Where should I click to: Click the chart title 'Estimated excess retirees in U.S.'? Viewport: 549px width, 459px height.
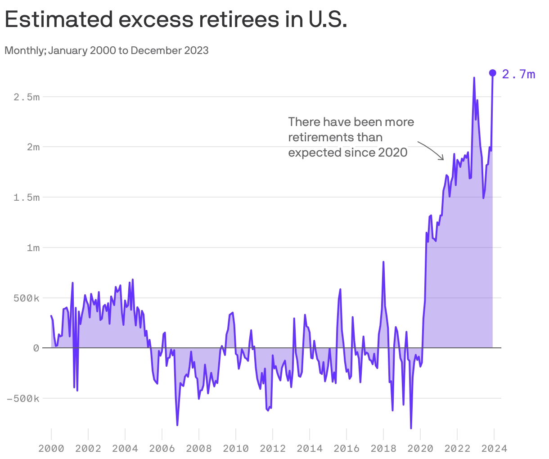pos(175,20)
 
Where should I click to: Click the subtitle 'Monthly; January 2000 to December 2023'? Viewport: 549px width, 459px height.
pos(107,50)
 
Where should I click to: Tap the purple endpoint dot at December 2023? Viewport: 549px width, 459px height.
pos(492,73)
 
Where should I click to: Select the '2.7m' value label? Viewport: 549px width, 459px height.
pos(518,74)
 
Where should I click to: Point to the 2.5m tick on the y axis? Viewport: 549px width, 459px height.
pos(27,97)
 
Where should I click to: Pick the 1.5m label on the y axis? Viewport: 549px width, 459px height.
pos(27,198)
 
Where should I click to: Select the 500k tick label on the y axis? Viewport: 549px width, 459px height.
pos(27,298)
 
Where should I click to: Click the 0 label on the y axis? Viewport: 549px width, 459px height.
pos(36,348)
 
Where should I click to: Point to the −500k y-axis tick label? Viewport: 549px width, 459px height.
pos(23,399)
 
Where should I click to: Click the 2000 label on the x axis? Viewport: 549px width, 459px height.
pos(51,448)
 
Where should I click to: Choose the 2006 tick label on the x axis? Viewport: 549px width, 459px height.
pos(162,448)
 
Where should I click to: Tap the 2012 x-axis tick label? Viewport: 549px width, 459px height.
pos(273,448)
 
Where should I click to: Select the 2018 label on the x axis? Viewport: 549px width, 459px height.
pos(383,448)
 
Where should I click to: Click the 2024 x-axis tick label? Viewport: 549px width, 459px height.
pos(494,448)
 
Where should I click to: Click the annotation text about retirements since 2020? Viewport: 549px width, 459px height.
pos(351,137)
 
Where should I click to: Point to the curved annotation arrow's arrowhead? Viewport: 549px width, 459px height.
pos(443,159)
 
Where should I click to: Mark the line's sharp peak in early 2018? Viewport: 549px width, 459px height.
pos(383,262)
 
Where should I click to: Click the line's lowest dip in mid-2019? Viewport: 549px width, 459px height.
pos(411,427)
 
